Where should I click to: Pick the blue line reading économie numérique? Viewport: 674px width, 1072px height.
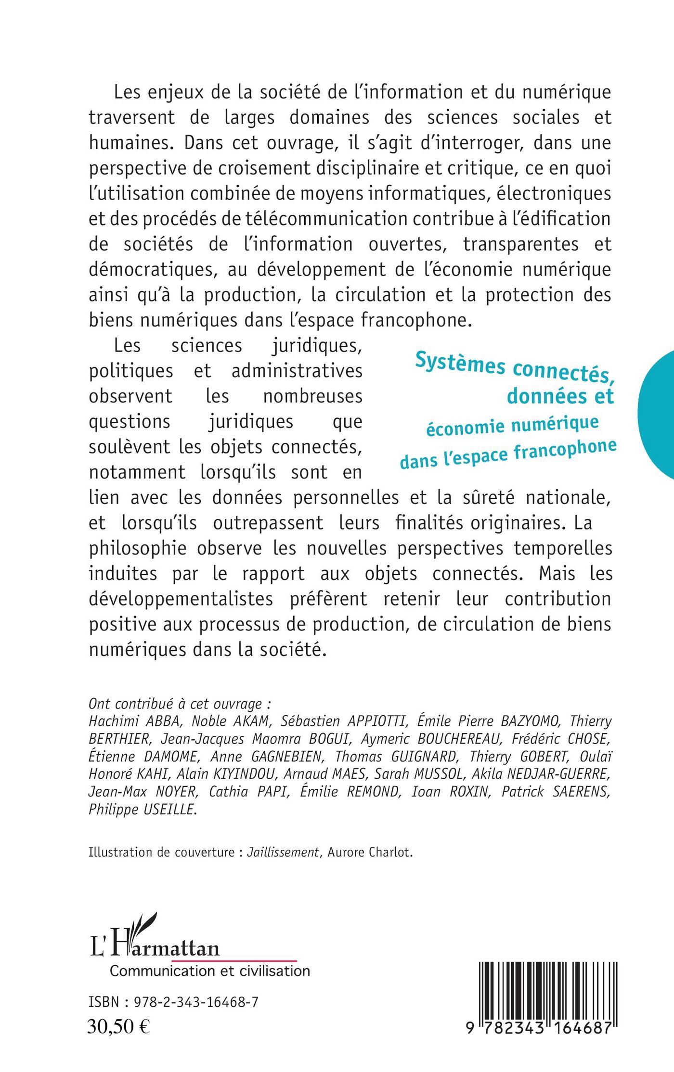pos(511,425)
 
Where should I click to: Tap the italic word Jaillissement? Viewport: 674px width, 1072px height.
pos(283,852)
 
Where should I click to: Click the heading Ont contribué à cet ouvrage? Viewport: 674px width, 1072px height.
pos(180,704)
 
